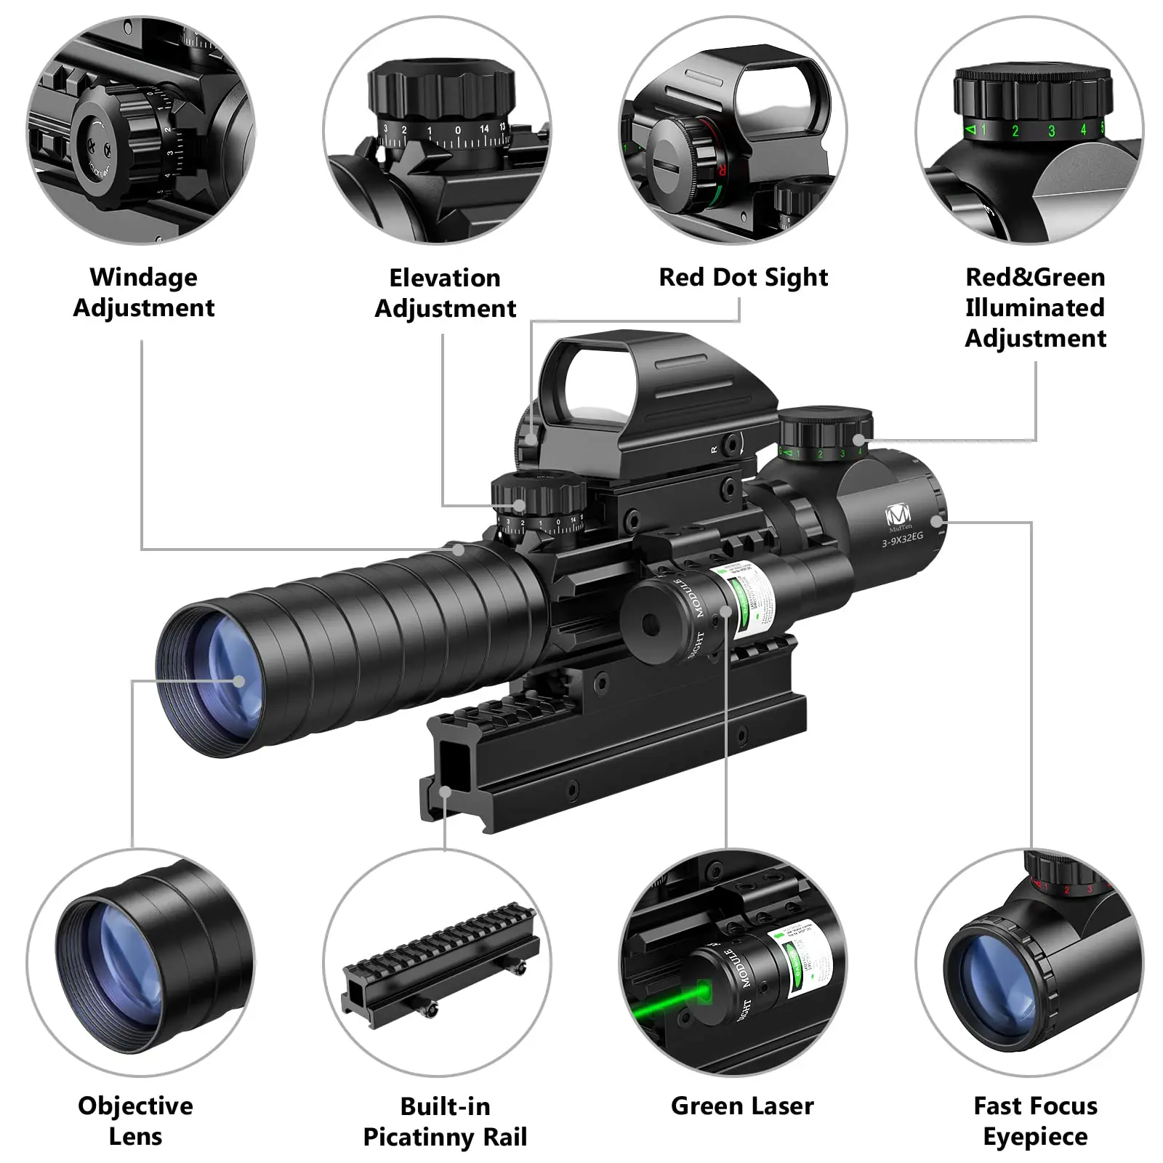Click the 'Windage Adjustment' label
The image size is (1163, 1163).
click(x=144, y=292)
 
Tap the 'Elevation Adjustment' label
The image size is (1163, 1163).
click(x=445, y=293)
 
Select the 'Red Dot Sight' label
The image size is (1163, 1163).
click(x=743, y=277)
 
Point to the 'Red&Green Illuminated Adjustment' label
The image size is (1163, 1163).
click(x=1035, y=307)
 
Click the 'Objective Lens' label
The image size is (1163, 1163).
click(x=136, y=1120)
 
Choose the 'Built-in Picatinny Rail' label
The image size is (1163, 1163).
click(x=445, y=1121)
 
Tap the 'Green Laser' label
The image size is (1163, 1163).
click(x=742, y=1106)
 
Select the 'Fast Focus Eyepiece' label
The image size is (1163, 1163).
click(x=1035, y=1120)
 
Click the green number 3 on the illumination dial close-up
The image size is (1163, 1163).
click(x=1051, y=132)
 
